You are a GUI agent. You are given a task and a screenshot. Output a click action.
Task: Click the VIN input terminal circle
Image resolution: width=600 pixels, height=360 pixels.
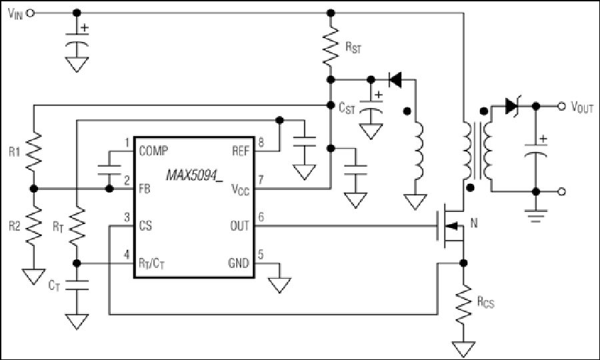pos(31,13)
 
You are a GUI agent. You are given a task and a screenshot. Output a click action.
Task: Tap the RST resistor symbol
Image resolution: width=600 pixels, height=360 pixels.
pos(331,46)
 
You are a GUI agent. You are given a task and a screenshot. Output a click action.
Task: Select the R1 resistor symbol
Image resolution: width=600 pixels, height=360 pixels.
pos(34,151)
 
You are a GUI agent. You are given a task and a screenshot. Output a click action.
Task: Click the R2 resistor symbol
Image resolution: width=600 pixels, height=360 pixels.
pos(34,226)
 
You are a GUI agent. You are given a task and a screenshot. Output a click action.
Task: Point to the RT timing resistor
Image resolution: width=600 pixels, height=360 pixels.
pos(77,227)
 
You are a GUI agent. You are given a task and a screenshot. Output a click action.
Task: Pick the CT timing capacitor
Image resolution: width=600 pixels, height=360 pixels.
pos(77,285)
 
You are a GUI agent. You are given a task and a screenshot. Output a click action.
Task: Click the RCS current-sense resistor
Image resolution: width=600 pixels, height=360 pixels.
pos(463,304)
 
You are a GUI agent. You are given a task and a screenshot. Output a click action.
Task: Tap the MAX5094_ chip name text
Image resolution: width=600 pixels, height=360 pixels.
pos(195,175)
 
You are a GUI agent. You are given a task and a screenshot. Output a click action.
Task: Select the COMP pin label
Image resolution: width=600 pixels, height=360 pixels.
pos(153,151)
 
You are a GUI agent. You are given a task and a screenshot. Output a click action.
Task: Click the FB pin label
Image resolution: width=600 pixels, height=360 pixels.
pos(145,189)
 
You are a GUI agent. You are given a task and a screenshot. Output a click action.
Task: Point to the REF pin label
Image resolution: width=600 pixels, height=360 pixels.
pos(241,151)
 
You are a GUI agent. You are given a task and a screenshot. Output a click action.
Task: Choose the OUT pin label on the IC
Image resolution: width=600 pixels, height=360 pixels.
pos(240,226)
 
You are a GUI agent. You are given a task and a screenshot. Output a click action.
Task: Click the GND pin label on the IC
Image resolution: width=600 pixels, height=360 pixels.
pos(239,263)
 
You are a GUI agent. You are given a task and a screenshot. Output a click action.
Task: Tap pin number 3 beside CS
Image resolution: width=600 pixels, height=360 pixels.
pos(127,217)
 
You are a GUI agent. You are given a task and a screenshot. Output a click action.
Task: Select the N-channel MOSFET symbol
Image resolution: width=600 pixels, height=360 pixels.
pos(451,226)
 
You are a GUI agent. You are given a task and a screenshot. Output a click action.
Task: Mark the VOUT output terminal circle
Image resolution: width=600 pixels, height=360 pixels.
pos(561,106)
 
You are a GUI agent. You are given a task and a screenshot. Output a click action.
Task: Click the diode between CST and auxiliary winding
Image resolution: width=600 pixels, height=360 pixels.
pos(395,80)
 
